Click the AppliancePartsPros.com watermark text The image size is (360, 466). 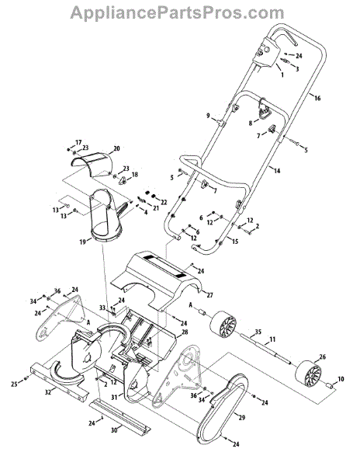tap(177, 12)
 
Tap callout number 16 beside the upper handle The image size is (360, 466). tap(317, 98)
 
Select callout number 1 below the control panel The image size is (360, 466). tap(282, 75)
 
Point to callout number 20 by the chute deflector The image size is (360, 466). tap(116, 148)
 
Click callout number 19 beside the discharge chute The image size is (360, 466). tap(83, 242)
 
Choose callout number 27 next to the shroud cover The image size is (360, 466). tap(209, 295)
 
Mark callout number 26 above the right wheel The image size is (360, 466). tap(322, 356)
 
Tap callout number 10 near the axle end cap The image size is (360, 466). tap(341, 379)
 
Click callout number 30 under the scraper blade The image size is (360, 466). tap(121, 429)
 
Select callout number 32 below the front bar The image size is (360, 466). tap(48, 392)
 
